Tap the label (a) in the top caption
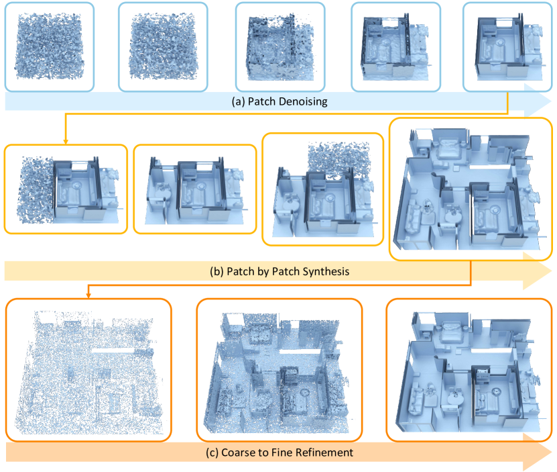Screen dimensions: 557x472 (x=238, y=102)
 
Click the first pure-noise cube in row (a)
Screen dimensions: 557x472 (x=50, y=46)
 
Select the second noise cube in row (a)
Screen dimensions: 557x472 (x=163, y=46)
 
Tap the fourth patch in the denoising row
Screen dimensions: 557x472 (x=396, y=47)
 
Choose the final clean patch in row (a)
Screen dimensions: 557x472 (x=509, y=47)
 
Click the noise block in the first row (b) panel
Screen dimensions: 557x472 (x=35, y=190)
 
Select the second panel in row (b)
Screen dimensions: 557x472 (x=195, y=189)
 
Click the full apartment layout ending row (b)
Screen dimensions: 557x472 (x=471, y=189)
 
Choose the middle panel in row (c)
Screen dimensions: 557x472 (x=280, y=370)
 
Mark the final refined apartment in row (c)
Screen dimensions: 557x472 (x=469, y=370)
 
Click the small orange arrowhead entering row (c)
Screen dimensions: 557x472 (x=88, y=295)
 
